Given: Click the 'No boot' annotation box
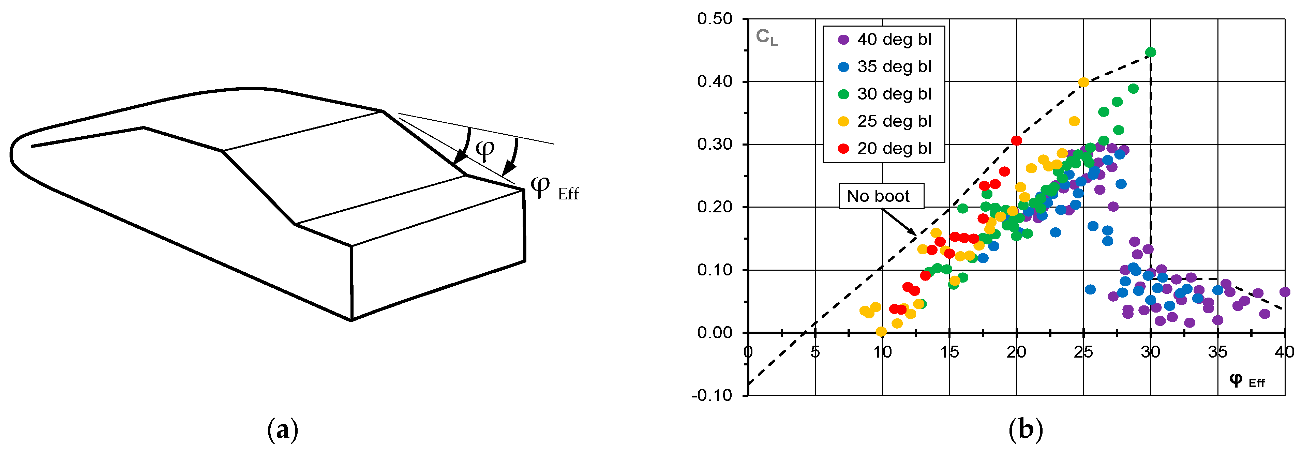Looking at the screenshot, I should [881, 196].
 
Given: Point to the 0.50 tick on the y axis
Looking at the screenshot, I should [715, 19].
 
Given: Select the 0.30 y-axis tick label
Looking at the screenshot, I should [715, 145].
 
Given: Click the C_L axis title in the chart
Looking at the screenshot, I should [767, 37].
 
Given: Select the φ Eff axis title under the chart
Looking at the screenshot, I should [1246, 381].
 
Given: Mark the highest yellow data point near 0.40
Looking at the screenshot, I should [1083, 82].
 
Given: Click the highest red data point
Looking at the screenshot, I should [1016, 140].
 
